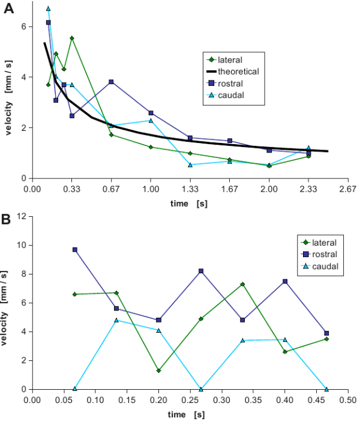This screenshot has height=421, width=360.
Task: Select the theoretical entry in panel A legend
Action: point(238,71)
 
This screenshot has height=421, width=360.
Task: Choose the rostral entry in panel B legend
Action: point(323,254)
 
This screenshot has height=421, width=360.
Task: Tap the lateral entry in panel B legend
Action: point(323,243)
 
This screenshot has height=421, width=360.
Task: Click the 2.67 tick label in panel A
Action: point(348,188)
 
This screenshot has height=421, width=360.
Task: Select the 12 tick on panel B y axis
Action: point(22,216)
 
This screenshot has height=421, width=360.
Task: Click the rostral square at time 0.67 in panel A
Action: point(111,82)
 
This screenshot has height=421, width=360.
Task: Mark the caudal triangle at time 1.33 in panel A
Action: point(190,165)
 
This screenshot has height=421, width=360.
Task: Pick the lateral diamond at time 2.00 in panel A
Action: point(269,166)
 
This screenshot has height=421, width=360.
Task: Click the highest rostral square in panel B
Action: point(75,249)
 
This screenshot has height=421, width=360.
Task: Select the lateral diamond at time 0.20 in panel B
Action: point(159,371)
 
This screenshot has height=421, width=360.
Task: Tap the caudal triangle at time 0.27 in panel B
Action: point(201,389)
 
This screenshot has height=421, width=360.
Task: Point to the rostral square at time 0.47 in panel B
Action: point(326,333)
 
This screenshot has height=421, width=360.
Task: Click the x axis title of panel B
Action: point(187,414)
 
